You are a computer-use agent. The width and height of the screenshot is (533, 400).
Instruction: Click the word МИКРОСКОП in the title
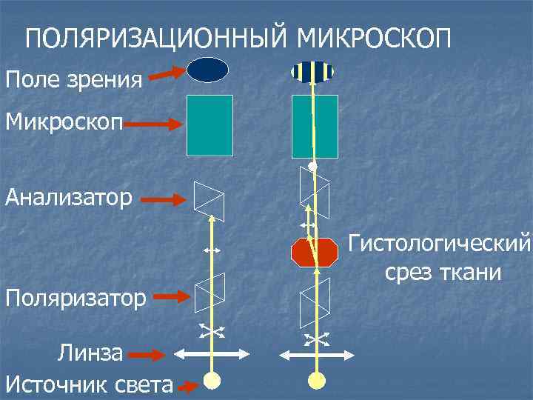(x=373, y=39)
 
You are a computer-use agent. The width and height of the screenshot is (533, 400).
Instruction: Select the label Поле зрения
(x=73, y=79)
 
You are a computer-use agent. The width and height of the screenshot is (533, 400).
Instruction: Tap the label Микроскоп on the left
(x=64, y=124)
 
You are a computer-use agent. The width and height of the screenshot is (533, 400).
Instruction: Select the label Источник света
(x=88, y=384)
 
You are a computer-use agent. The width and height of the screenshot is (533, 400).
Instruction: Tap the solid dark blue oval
(x=207, y=70)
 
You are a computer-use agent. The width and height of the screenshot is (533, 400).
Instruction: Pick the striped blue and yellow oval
(x=312, y=71)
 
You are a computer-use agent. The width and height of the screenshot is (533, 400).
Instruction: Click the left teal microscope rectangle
(x=209, y=125)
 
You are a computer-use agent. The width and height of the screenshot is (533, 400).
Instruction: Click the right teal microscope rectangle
(x=315, y=125)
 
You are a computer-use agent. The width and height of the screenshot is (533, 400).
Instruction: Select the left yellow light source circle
(x=212, y=381)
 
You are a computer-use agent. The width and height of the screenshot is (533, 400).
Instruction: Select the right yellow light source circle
(x=317, y=381)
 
